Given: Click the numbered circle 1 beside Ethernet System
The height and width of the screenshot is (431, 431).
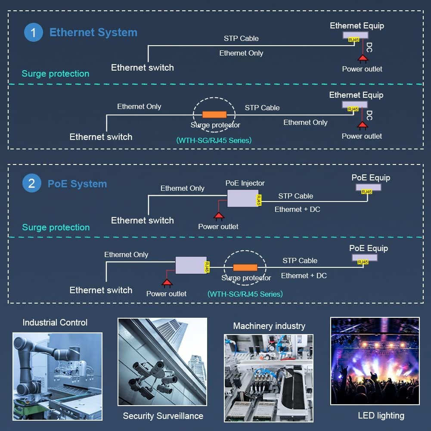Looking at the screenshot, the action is (34, 32).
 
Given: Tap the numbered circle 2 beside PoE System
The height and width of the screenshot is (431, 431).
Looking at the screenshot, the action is (32, 183).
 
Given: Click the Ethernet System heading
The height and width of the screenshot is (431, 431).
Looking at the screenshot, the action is (93, 32).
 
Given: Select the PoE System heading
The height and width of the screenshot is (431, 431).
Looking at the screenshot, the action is (77, 183).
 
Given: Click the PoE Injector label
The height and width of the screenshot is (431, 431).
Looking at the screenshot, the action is (245, 183).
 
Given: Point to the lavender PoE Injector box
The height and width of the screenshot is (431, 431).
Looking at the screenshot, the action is (243, 198).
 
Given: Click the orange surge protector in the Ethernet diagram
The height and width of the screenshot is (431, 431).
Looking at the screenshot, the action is (214, 115).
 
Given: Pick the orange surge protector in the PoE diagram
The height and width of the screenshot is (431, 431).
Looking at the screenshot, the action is (245, 267).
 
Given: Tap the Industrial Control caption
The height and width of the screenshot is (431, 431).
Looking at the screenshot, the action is (55, 322).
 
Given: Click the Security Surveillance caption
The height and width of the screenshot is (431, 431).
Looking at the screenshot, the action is (163, 416).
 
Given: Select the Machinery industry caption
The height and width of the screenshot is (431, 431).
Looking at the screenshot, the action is (269, 326).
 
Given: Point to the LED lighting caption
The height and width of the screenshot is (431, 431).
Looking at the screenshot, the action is (381, 415).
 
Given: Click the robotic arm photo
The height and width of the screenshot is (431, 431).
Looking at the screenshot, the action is (57, 376).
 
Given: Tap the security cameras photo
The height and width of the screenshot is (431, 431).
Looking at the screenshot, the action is (162, 362).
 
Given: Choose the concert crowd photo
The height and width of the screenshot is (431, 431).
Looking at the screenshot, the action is (375, 361).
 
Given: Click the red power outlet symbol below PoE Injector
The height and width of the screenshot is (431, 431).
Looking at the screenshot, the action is (219, 217).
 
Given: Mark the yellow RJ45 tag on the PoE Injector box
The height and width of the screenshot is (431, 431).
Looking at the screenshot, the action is (259, 200).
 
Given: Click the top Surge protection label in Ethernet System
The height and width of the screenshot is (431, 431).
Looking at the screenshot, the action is (56, 74).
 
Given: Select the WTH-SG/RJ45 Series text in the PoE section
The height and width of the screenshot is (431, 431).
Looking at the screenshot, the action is (245, 294).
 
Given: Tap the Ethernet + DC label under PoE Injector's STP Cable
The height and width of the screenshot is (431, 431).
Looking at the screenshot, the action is (298, 209).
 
